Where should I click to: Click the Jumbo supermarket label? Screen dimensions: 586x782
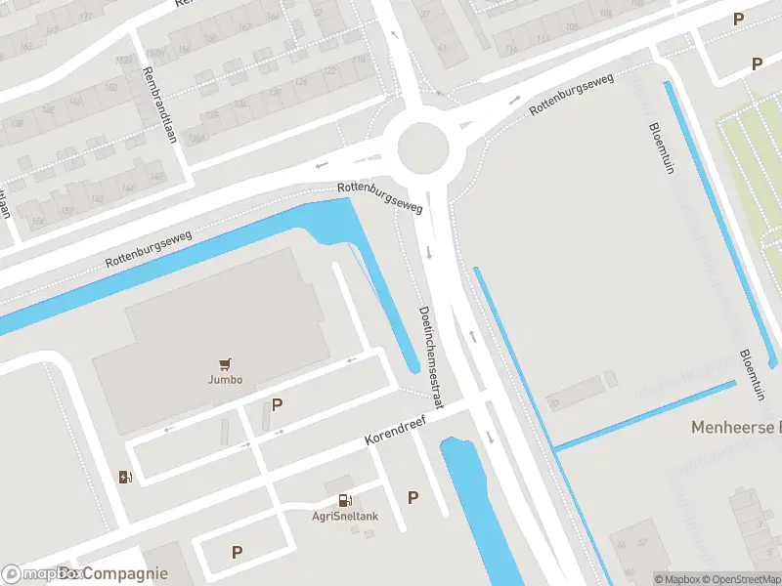click(225, 379)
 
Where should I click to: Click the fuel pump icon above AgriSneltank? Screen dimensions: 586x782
click(344, 501)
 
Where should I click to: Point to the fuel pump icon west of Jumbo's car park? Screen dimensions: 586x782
click(125, 477)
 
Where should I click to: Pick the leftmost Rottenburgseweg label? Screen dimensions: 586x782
click(150, 249)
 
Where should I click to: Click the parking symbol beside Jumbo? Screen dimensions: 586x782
click(277, 404)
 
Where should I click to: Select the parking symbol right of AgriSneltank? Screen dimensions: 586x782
click(413, 497)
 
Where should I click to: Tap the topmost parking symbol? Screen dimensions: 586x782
click(739, 19)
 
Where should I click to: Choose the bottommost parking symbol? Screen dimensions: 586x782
click(237, 552)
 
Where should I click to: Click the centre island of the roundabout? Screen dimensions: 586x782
click(423, 148)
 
